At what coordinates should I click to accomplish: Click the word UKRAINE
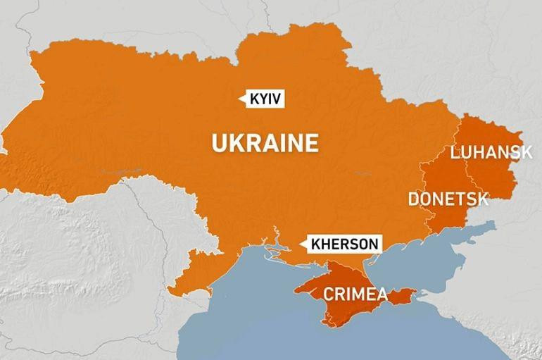pos(265,144)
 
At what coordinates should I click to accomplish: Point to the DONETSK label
pos(448,199)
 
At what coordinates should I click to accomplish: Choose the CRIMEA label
pos(355,294)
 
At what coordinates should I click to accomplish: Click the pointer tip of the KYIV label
pos(242,99)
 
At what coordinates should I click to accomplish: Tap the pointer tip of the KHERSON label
pos(301,244)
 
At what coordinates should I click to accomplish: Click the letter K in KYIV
pos(254,99)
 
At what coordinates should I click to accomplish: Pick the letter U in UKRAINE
pos(219,144)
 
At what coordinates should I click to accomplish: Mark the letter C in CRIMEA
pos(328,294)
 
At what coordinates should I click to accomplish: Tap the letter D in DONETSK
pos(414,199)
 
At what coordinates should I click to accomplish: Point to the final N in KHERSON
pos(374,244)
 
